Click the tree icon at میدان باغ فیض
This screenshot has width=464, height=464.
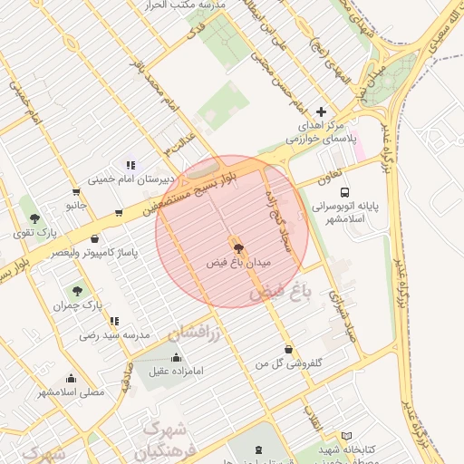(238, 246)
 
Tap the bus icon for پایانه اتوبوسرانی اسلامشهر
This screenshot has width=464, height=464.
(344, 191)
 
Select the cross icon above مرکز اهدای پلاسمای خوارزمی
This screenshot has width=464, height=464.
(320, 111)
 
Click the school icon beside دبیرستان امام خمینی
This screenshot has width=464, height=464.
(130, 165)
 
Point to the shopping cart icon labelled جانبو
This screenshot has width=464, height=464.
(75, 192)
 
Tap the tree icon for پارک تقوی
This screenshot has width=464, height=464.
(34, 218)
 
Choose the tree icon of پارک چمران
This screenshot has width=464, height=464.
(77, 292)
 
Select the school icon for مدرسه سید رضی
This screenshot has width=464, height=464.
(113, 321)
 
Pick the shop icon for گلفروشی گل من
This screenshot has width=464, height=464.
(288, 350)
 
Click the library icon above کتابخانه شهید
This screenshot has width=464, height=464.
(346, 436)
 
